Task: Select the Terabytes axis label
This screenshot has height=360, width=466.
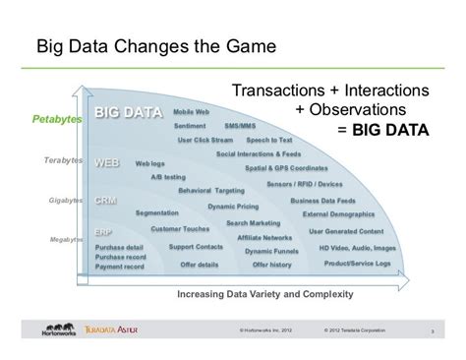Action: [62, 159]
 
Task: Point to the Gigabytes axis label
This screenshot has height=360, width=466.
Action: [66, 200]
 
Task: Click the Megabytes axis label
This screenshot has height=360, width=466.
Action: [67, 239]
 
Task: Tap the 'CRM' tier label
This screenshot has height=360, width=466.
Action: [107, 200]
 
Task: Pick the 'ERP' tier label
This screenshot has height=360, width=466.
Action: [104, 233]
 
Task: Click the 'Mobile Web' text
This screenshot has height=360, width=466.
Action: [191, 112]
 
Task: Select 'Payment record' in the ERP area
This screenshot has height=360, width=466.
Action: [121, 266]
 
